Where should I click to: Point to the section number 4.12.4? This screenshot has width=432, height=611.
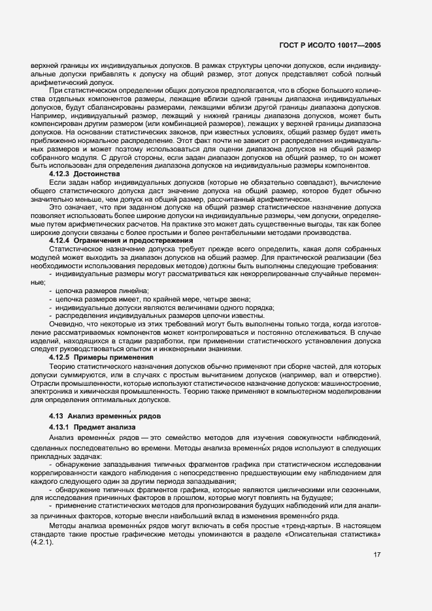[x=62, y=241]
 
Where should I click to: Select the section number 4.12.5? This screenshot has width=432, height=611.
[x=62, y=358]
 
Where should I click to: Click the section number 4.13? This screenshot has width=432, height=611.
[x=58, y=416]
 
